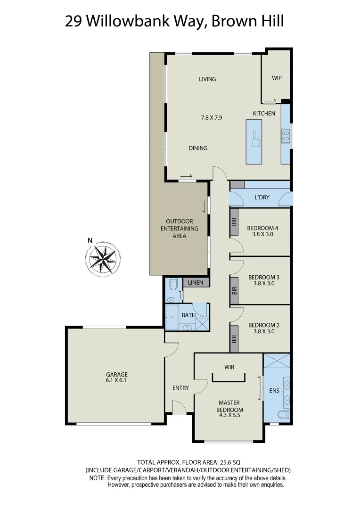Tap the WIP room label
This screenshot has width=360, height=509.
[x=277, y=78]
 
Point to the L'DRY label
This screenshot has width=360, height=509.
[x=262, y=197]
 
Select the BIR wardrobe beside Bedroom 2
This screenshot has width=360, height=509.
[x=234, y=339]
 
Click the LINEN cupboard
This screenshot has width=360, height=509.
[x=196, y=283]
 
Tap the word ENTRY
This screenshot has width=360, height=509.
[x=180, y=388]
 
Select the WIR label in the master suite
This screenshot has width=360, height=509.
[x=229, y=367]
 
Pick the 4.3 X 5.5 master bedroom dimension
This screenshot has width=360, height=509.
[x=229, y=415]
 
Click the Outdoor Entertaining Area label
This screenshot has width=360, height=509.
[x=180, y=228]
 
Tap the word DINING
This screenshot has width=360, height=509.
[x=198, y=148]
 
